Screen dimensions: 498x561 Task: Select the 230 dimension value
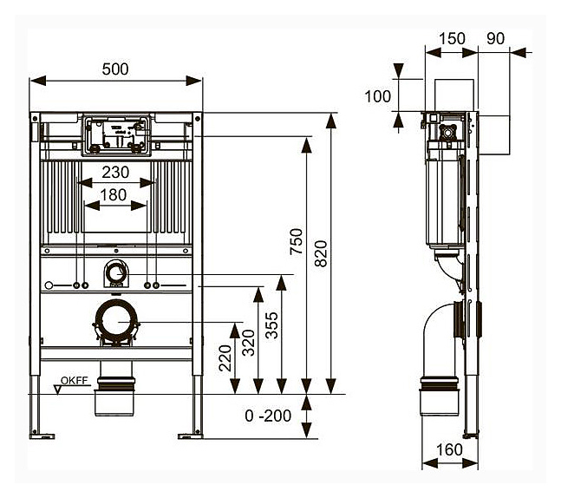tap(115, 173)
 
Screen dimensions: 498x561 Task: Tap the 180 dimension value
tap(114, 195)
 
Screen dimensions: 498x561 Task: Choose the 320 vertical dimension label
tap(248, 342)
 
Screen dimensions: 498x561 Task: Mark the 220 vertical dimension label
tap(224, 356)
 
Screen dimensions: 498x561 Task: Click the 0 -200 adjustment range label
tap(268, 416)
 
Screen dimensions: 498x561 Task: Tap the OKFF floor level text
tap(75, 378)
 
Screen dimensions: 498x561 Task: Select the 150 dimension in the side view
tap(452, 38)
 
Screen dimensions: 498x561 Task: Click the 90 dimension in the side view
tap(495, 38)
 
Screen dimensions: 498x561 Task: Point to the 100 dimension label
tap(378, 95)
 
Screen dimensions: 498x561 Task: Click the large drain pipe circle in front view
tap(116, 322)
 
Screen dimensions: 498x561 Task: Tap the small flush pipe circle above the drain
tap(115, 274)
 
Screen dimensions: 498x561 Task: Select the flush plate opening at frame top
tap(116, 134)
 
